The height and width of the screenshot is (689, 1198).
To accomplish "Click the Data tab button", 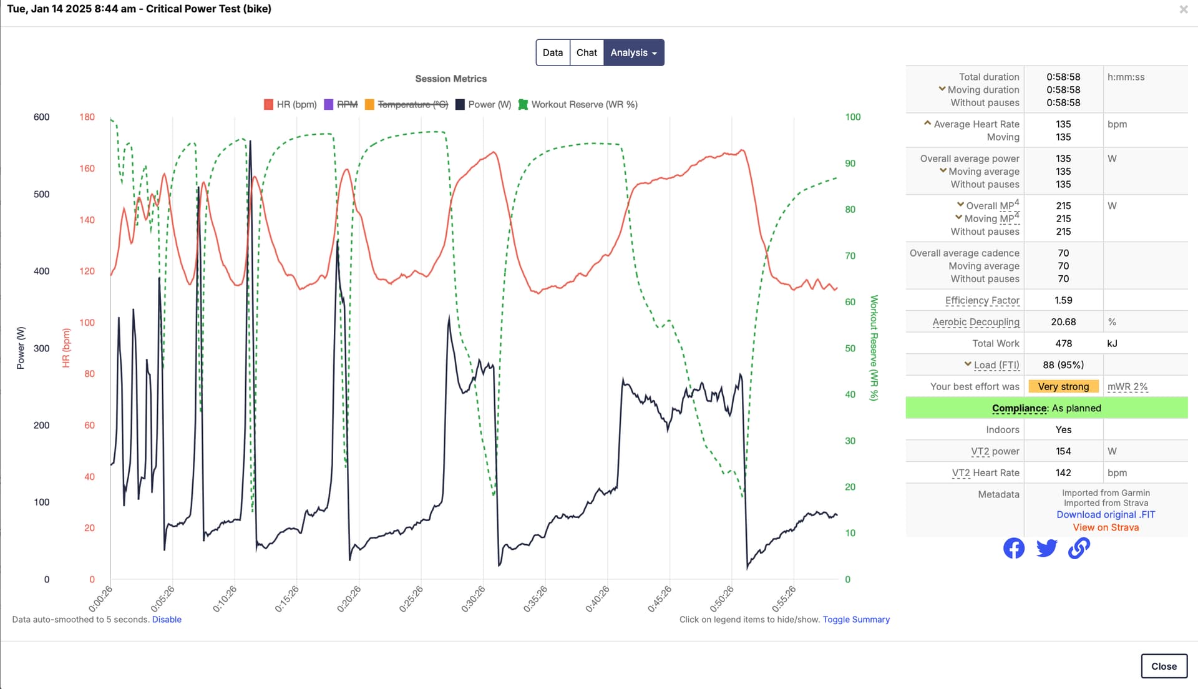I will coord(552,52).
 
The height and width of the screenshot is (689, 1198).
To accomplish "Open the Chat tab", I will coord(587,52).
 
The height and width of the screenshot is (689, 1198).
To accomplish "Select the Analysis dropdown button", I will coord(633,52).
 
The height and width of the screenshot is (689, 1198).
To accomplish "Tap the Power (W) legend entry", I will coord(484,104).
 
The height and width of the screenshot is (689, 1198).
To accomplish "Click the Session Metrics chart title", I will coord(450,79).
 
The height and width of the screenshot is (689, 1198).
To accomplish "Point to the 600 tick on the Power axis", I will coord(41,117).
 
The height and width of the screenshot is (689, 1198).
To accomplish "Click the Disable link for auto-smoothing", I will coord(167,619).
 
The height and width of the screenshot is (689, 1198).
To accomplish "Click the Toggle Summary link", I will coord(856,619).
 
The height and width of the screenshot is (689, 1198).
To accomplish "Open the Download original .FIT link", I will coord(1106,514).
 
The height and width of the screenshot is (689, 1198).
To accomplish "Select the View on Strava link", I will coord(1106,527).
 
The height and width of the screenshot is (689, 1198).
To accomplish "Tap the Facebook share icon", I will coord(1014,548).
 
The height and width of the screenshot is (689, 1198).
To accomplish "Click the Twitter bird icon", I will coord(1046,548).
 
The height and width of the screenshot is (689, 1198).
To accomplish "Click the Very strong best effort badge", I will coord(1063,386).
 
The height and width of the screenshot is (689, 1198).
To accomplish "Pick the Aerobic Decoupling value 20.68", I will coord(1063,322).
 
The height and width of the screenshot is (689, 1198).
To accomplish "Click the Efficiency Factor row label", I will coord(982,300).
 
